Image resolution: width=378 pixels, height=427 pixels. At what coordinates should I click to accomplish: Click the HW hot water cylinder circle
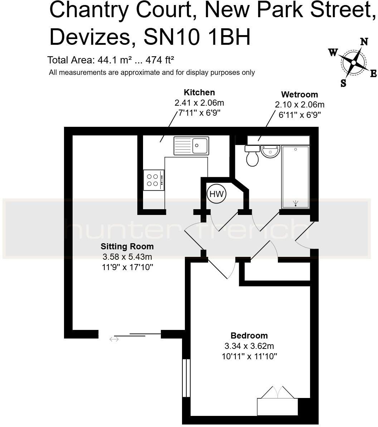(x=216, y=194)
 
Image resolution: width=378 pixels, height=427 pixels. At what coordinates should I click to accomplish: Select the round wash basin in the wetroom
(x=270, y=152)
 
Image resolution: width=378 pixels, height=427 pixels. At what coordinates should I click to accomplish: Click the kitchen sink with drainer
(x=191, y=146)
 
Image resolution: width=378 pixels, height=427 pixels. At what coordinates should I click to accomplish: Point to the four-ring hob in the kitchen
(x=153, y=180)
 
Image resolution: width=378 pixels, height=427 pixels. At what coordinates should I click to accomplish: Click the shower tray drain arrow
(x=295, y=204)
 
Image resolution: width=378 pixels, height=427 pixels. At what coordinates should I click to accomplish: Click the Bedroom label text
(x=249, y=336)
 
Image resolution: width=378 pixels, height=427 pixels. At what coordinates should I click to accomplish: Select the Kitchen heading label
(x=199, y=92)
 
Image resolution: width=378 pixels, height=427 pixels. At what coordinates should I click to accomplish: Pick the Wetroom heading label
(x=299, y=95)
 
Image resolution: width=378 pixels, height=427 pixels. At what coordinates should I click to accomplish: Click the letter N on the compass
(x=364, y=42)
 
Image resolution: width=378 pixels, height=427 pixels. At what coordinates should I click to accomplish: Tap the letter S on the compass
(x=343, y=83)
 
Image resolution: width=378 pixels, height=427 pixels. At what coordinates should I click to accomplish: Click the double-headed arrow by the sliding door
(x=114, y=339)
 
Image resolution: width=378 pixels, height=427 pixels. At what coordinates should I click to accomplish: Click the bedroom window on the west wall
(x=186, y=378)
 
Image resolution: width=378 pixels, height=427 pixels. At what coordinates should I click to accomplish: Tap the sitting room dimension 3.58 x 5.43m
(x=127, y=257)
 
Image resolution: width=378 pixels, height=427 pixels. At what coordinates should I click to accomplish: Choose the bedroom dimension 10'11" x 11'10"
(x=249, y=356)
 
